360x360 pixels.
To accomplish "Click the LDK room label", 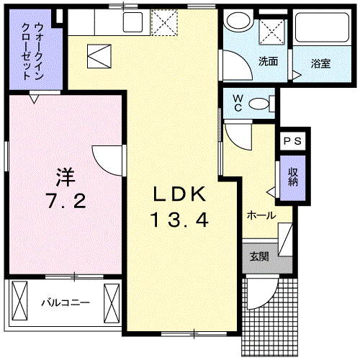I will click(180, 194).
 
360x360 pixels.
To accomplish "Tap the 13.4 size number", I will click(180, 220).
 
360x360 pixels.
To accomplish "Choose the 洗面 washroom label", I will click(268, 61).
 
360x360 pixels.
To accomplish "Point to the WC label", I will click(235, 104).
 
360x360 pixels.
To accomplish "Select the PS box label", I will click(293, 142).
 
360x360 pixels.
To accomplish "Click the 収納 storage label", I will click(293, 177).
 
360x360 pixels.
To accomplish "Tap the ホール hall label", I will click(261, 215).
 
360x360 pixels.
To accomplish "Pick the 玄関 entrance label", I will click(260, 256).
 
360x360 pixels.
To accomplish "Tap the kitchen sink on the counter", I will click(132, 22).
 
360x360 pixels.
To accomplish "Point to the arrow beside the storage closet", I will click(271, 192).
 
